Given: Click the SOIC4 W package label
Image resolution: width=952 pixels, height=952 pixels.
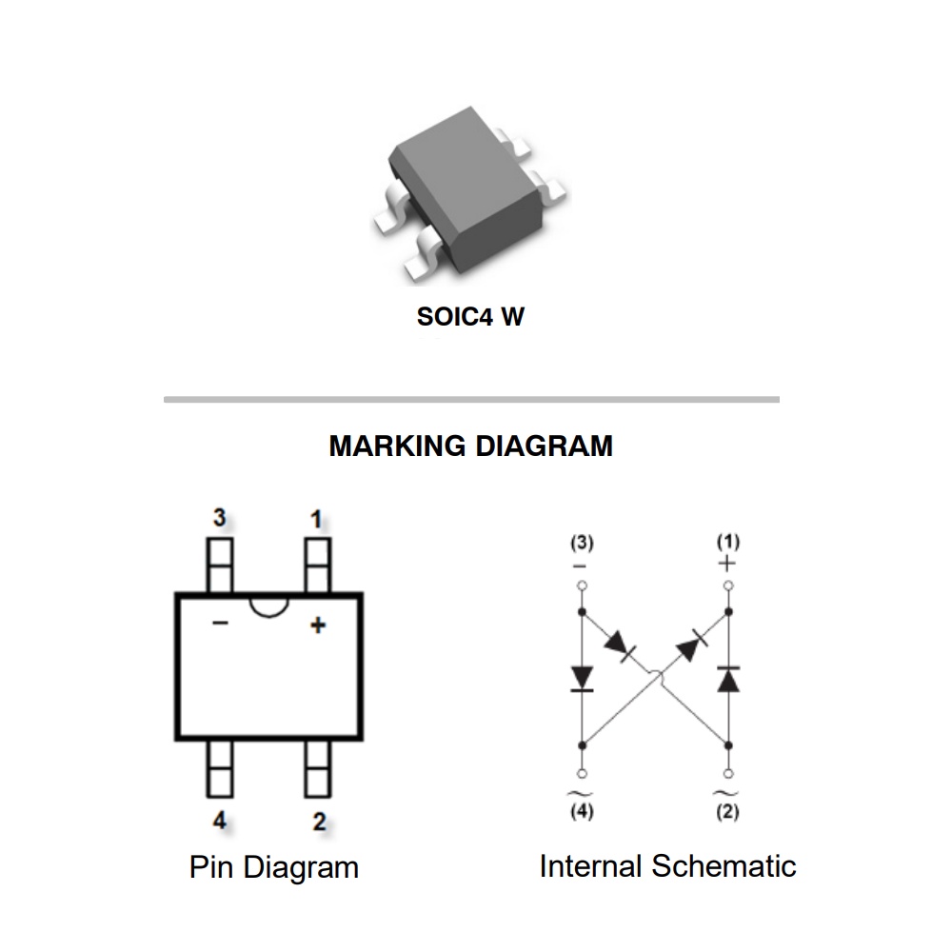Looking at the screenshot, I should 470,317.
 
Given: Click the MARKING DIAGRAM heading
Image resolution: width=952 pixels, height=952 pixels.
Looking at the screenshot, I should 471,446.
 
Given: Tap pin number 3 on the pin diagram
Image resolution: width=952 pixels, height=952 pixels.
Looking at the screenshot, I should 220,519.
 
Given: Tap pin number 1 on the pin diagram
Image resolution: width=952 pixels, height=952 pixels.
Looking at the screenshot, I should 316,519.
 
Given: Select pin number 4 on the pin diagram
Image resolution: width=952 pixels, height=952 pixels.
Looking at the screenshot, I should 220,821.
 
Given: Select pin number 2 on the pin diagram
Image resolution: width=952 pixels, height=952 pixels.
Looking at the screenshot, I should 319,821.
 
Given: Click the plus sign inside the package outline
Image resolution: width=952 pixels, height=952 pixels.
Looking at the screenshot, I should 318,625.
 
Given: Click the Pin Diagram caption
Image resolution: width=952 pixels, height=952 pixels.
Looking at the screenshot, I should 274,867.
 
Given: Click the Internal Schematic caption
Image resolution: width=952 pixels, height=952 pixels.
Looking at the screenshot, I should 667,866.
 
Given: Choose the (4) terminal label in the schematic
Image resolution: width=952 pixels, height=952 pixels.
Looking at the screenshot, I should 582,812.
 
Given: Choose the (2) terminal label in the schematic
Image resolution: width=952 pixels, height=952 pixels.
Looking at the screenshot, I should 728,812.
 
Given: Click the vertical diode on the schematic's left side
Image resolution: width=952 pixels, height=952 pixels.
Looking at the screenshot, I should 582,678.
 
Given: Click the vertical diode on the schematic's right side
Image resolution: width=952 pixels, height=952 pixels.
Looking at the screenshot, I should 728,679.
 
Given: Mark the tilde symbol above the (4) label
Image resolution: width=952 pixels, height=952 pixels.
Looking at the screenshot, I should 582,792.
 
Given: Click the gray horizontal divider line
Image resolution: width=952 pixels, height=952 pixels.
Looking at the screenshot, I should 471,400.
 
